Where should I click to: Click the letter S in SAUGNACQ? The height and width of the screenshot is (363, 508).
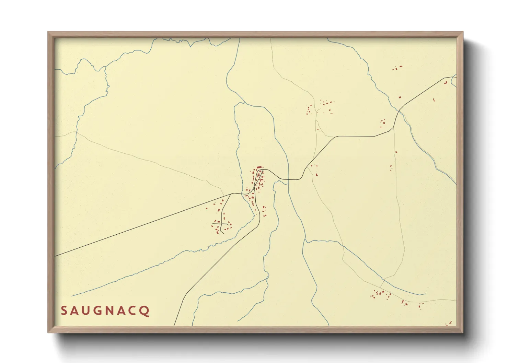click(64, 311)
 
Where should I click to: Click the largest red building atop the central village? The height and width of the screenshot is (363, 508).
click(259, 167)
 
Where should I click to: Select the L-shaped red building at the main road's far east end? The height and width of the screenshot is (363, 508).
click(446, 83)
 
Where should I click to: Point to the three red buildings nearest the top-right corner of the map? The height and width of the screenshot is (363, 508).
click(397, 68)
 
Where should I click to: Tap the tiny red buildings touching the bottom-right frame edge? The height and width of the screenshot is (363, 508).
click(448, 323)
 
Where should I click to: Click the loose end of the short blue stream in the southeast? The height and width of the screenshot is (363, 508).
click(426, 294)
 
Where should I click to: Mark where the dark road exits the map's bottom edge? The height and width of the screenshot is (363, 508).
click(174, 325)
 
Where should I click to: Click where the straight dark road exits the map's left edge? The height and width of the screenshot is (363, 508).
click(55, 256)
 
